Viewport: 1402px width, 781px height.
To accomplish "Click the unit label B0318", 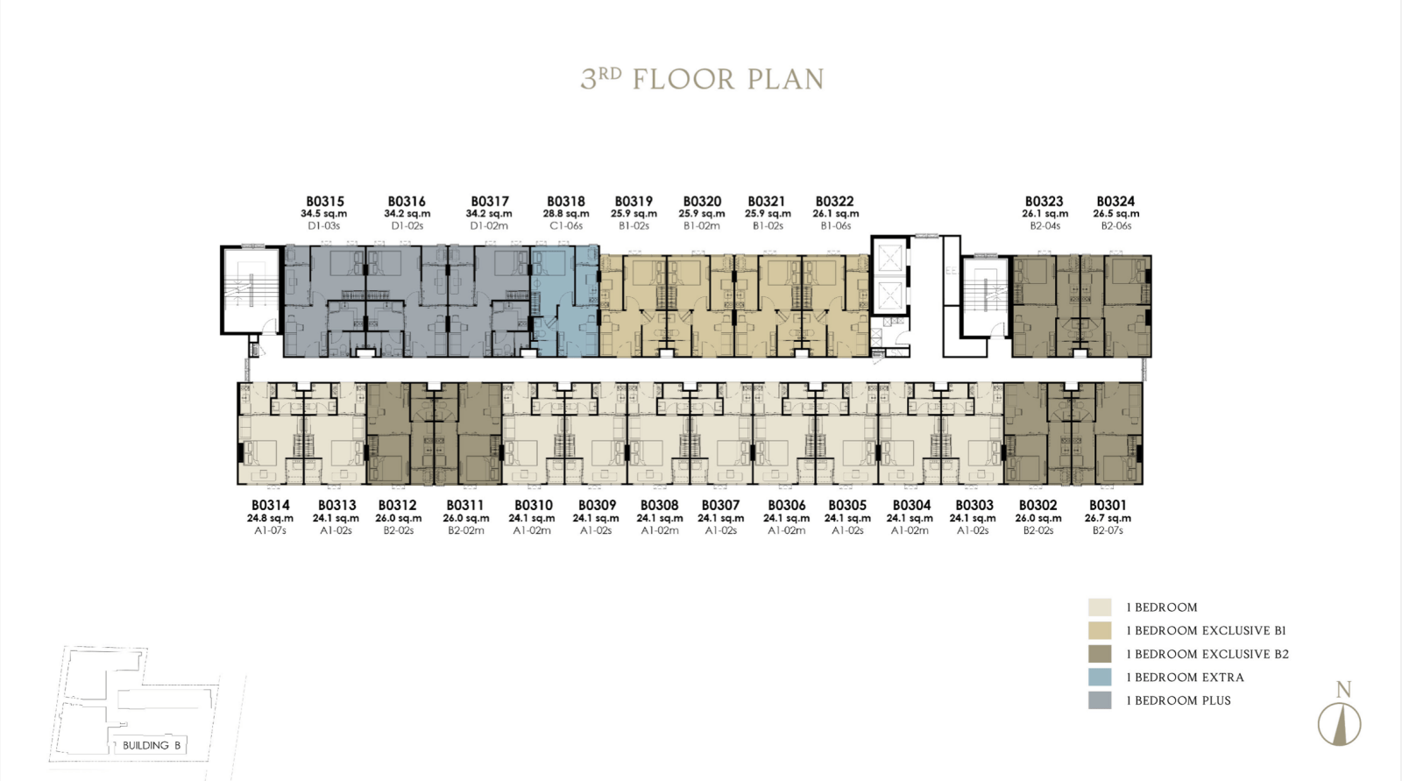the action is click(566, 202).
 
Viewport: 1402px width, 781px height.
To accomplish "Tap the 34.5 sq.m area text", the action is click(323, 214).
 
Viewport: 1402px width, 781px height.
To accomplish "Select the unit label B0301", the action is click(1108, 506).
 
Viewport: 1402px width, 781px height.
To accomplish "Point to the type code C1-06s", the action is click(566, 226).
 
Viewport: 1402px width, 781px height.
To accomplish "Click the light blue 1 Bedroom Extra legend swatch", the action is click(1100, 677).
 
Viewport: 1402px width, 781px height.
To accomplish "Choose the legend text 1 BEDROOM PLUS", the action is click(1179, 701).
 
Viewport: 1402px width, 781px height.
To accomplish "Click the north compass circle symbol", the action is click(1340, 724).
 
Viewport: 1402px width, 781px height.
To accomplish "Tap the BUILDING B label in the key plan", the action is click(152, 745).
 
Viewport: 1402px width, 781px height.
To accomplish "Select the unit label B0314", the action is click(271, 506).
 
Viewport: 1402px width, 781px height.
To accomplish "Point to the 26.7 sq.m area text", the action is click(1108, 519).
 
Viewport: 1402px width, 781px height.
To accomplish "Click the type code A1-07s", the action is click(271, 530).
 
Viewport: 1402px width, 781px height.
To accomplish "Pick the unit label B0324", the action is click(1115, 202).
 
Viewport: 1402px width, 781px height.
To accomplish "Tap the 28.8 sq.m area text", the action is click(566, 214).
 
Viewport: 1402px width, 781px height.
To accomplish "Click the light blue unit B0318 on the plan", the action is click(565, 302).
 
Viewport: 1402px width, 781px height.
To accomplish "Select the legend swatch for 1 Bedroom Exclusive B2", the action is click(1100, 654).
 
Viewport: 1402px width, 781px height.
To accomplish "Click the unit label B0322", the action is click(834, 202).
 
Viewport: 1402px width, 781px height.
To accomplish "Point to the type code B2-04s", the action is click(1044, 226).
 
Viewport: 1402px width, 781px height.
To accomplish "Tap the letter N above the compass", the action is click(1344, 690).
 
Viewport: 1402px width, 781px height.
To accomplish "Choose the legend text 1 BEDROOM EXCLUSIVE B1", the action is click(1206, 631).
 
